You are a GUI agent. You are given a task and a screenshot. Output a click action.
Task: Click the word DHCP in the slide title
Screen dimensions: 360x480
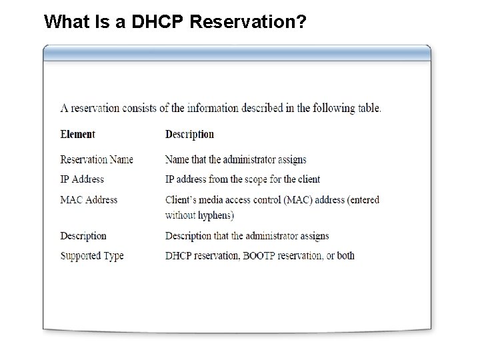click(x=160, y=22)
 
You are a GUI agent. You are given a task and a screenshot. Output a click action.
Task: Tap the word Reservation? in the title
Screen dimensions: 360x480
click(x=248, y=22)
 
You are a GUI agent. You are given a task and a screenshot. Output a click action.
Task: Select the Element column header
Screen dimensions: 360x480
click(x=77, y=134)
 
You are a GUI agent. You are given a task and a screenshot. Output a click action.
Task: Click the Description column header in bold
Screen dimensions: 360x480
click(x=189, y=134)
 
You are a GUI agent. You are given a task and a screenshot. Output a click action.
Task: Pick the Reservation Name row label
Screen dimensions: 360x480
click(x=97, y=159)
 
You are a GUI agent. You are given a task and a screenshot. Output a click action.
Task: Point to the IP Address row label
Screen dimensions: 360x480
click(x=82, y=179)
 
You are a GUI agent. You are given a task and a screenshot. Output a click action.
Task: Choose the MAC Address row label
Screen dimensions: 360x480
click(x=89, y=199)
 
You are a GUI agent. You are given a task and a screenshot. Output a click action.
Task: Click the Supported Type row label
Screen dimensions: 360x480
click(x=92, y=255)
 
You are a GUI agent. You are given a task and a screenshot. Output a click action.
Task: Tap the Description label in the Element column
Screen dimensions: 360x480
click(x=83, y=235)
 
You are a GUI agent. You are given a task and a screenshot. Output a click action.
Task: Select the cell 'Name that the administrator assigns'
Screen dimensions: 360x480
click(x=236, y=159)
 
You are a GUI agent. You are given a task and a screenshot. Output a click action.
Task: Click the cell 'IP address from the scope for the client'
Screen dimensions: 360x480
click(x=243, y=179)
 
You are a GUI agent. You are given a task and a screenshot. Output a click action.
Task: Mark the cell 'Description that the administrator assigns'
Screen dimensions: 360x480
click(x=247, y=235)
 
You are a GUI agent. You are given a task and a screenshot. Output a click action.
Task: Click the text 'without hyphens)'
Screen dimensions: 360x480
click(x=199, y=215)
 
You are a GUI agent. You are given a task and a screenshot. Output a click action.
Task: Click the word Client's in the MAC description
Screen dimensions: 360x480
click(x=181, y=199)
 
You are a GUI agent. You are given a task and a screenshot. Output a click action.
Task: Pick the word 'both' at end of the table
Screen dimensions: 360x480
click(x=346, y=255)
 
